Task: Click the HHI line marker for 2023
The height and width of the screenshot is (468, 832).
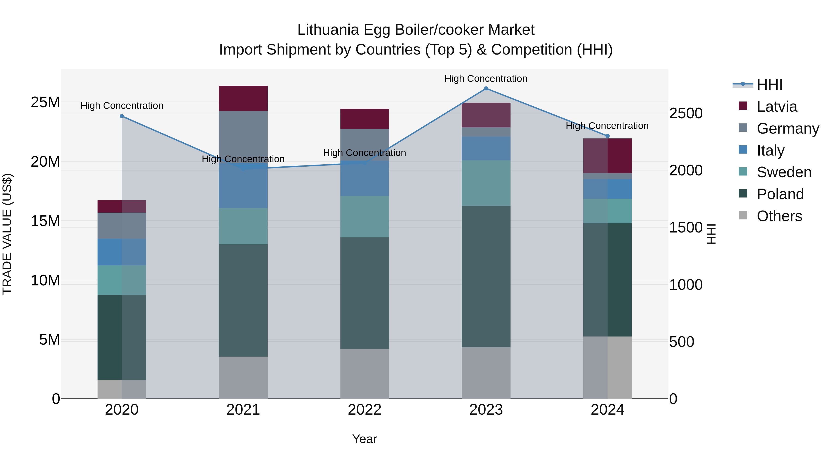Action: click(486, 89)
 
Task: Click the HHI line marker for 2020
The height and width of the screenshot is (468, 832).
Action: click(122, 116)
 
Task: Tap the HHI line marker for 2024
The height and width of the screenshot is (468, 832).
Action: click(608, 136)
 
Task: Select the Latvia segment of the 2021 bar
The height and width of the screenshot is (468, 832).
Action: click(243, 98)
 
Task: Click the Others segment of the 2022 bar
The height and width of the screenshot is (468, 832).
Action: click(365, 374)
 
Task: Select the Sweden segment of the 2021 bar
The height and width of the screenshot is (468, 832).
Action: click(243, 226)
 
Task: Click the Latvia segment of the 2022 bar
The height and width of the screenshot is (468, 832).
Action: click(365, 119)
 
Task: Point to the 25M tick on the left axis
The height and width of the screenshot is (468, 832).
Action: click(45, 102)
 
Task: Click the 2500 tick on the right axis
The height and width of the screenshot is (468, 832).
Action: click(685, 113)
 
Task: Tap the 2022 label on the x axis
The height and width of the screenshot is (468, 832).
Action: click(365, 410)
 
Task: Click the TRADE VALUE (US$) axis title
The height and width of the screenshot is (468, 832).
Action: click(7, 234)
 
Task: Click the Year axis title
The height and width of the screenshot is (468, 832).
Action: click(365, 439)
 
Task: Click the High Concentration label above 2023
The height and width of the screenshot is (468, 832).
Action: click(486, 79)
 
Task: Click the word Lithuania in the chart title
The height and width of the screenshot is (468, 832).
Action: click(328, 30)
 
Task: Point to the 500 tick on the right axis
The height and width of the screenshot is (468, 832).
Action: click(682, 342)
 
